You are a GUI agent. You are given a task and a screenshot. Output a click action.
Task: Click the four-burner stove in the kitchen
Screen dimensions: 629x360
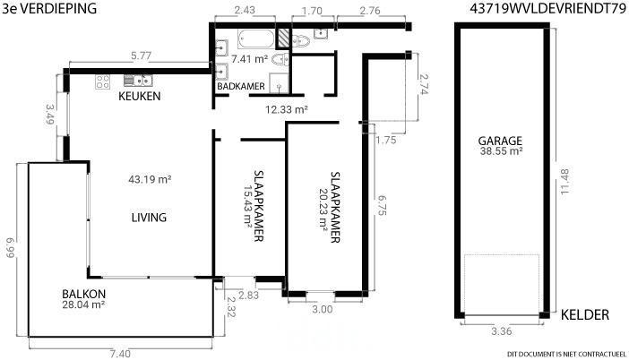(103, 81)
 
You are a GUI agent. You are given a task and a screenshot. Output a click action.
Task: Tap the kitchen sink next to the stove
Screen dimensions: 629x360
(138, 81)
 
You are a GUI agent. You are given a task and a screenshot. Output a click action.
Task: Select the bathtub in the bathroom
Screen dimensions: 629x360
(256, 39)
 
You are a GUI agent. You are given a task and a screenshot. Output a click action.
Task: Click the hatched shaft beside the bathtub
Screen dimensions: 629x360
(283, 39)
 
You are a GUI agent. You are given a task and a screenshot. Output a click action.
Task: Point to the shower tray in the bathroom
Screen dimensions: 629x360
(279, 83)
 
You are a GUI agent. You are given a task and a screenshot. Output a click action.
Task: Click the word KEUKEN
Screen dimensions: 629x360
(140, 96)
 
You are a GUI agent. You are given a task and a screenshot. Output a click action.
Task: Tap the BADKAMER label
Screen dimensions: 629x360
(241, 86)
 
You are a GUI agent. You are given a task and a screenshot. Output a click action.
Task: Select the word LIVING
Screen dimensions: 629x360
(149, 218)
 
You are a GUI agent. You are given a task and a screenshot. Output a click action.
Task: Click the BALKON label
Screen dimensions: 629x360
(84, 294)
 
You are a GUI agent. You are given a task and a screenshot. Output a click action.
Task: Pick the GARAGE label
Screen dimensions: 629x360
(500, 141)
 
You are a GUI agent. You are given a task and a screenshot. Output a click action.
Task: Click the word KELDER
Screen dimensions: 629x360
(585, 314)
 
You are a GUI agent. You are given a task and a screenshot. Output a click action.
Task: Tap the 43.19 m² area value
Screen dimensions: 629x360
(150, 179)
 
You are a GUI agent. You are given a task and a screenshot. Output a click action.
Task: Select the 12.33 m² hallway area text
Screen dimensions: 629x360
(287, 109)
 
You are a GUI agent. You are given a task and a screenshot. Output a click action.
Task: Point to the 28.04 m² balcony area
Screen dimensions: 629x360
(83, 304)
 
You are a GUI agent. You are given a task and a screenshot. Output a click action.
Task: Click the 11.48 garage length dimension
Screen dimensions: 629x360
(564, 182)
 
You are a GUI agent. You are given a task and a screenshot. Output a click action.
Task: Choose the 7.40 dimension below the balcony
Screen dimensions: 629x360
(120, 354)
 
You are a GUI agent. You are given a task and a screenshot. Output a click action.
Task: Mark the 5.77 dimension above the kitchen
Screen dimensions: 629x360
(141, 56)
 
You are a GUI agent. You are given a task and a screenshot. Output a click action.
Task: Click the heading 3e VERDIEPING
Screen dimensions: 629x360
(49, 8)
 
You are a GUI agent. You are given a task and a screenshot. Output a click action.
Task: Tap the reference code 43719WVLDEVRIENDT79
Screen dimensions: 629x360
(548, 8)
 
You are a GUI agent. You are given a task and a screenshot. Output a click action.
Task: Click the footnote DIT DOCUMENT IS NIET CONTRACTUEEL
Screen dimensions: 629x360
(566, 354)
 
